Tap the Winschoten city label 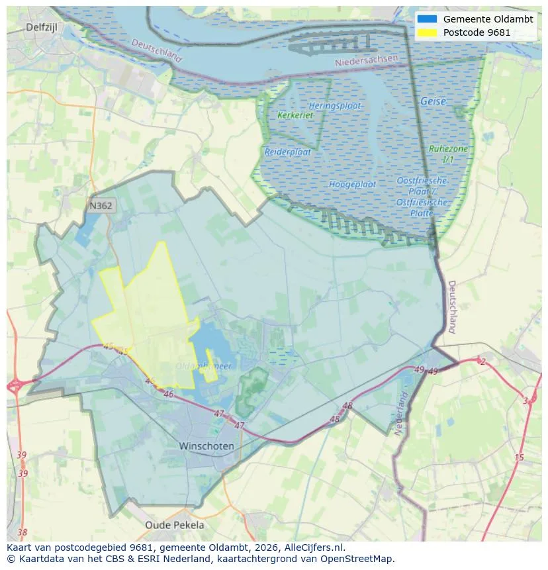point(206,446)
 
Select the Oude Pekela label point(175,525)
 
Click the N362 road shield point(101,206)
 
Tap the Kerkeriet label point(295,115)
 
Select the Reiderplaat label point(287,152)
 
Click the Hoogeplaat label point(352,184)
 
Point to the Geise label point(433,101)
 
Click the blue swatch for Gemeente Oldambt point(428,19)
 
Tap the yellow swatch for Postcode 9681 point(428,32)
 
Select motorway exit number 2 point(482,361)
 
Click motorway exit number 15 point(519,457)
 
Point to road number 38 point(23,532)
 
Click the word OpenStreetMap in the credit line point(361,559)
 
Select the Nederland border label point(400,414)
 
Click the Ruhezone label point(448,150)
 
